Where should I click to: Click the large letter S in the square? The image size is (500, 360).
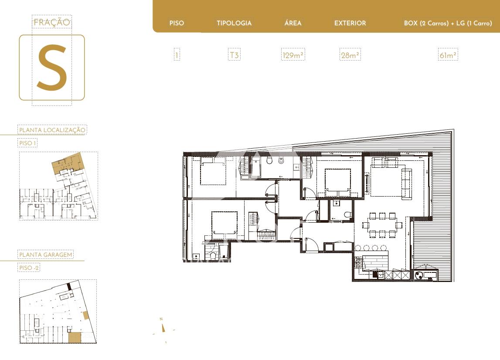point(52,67)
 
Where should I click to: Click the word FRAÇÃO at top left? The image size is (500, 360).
point(52,22)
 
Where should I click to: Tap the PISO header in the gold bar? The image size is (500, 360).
point(177,23)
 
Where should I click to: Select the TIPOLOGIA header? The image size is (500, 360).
point(234,23)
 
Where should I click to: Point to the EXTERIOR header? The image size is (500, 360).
point(350,23)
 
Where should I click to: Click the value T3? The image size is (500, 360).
point(235,55)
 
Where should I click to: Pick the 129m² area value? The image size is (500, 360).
point(293,55)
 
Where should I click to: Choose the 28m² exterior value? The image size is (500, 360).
point(350,55)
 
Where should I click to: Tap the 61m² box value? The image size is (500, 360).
point(448,55)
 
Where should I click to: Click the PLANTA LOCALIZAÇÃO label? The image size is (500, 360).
point(52,130)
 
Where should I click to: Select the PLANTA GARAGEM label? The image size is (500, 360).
point(46,255)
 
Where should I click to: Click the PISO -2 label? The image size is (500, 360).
point(29,268)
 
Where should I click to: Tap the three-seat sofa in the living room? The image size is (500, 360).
point(406,184)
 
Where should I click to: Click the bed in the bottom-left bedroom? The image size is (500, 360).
point(224,225)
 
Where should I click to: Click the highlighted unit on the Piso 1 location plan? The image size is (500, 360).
point(67,163)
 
